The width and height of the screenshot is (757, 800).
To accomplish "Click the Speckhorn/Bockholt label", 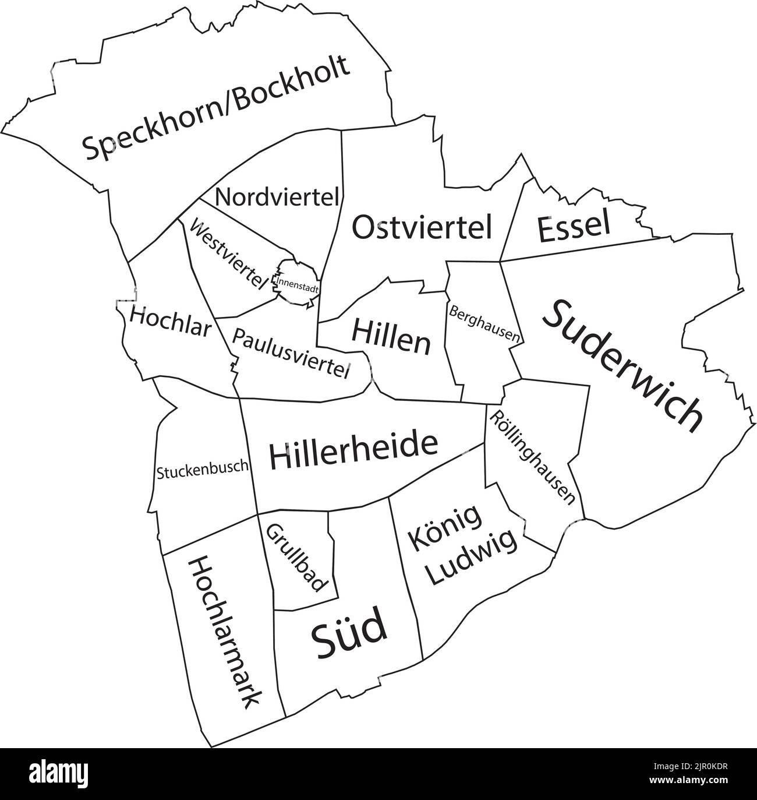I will pos(217,108).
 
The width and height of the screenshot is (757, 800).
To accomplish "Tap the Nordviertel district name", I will pos(277,197).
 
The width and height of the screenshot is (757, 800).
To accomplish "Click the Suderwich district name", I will pos(623,366).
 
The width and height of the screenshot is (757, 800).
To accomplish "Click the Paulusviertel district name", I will pos(292,353).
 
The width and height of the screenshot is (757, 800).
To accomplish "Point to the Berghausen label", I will pos(484,322).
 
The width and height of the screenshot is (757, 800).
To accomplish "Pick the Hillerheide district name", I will pos(353,452).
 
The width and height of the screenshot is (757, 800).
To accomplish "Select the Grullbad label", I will pos(297,558).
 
